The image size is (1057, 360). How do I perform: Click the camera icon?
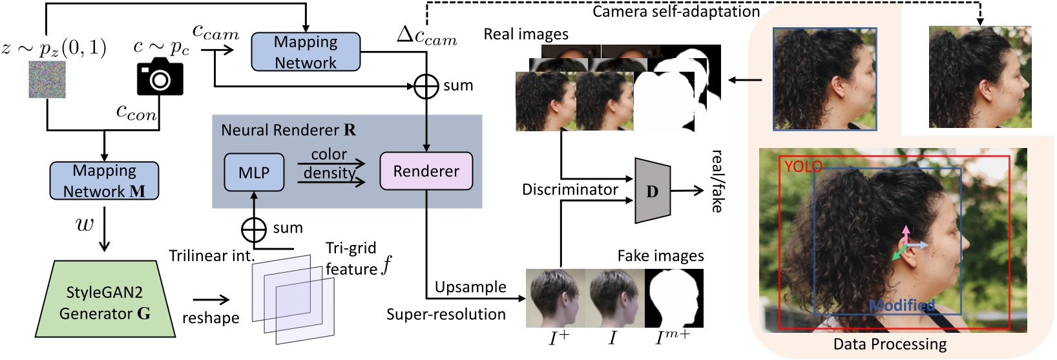click(160, 77)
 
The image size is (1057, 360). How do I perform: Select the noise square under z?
click(47, 79)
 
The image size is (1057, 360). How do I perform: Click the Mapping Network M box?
click(104, 181)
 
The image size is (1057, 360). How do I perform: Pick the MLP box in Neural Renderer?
click(253, 173)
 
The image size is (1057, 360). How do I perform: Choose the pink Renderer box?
click(426, 171)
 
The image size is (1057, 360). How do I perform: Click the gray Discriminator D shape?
click(653, 191)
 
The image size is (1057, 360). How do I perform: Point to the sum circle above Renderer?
click(426, 86)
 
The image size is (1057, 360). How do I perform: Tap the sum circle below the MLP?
click(253, 229)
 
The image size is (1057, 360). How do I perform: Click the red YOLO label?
click(803, 167)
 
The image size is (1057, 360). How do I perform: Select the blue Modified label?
click(902, 306)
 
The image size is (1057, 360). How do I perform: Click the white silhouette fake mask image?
click(674, 299)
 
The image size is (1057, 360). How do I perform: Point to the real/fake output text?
click(717, 181)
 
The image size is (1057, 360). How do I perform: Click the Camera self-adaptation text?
click(676, 12)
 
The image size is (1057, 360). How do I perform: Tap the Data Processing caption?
click(890, 344)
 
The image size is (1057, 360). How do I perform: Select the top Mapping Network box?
click(306, 52)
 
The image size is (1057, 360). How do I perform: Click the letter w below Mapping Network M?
click(85, 224)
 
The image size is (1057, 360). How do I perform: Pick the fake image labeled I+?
click(556, 299)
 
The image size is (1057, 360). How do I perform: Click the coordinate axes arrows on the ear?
click(907, 245)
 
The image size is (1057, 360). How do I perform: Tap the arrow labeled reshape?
click(211, 299)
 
